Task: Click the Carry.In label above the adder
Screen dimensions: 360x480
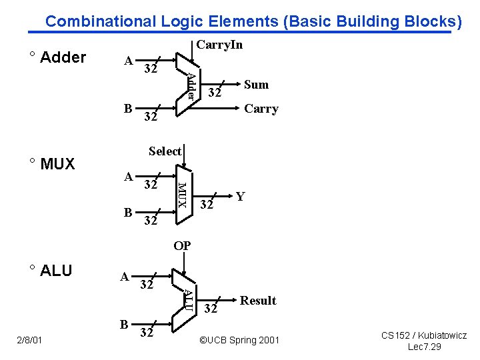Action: tap(219, 45)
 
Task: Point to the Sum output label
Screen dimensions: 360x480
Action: tap(256, 84)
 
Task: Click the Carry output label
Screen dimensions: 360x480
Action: tap(261, 109)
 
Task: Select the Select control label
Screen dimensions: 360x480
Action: tap(165, 151)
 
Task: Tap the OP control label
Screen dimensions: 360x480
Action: tap(182, 246)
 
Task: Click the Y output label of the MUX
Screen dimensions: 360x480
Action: tap(240, 196)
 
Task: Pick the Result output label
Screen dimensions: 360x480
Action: tap(258, 301)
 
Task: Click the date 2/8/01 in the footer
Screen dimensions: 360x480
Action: tap(30, 341)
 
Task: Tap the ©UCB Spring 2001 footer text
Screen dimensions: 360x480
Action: tap(240, 341)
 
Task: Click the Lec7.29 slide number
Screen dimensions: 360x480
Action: tap(424, 347)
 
